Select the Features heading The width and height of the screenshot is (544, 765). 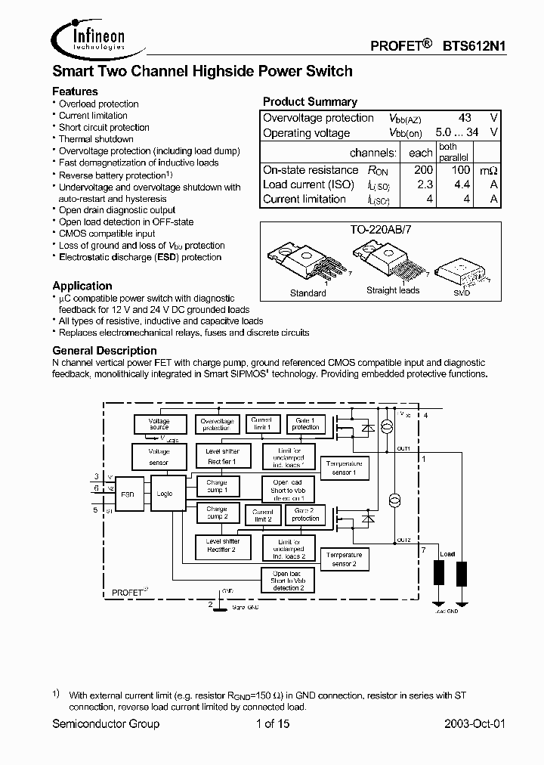tap(75, 91)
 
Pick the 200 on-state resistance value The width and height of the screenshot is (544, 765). tap(423, 171)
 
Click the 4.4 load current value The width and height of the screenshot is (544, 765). tap(462, 185)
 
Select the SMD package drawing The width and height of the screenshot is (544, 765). tap(460, 269)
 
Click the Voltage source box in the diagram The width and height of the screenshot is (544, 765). tap(159, 424)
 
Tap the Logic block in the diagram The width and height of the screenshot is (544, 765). tap(165, 494)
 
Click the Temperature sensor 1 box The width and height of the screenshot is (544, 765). tap(343, 468)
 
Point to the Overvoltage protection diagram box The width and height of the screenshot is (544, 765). tap(217, 424)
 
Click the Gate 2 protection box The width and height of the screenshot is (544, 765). tap(305, 514)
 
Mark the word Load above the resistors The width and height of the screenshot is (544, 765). tap(448, 553)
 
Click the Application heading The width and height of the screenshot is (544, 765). tap(82, 286)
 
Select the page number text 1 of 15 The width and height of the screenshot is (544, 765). tap(272, 723)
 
